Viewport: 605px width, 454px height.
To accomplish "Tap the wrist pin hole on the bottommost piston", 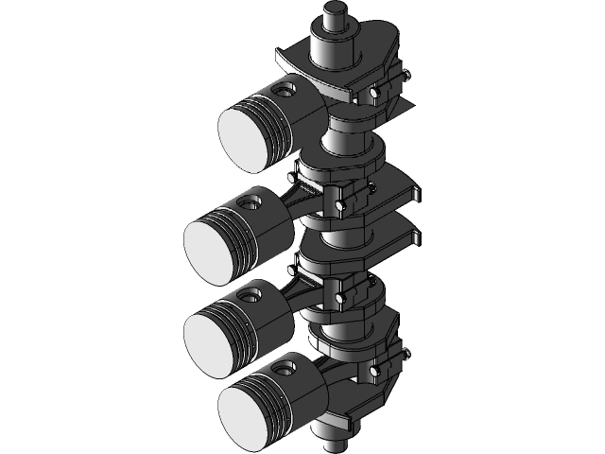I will tap(285, 365).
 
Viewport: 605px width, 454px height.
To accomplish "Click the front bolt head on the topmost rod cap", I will tap(376, 94).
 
